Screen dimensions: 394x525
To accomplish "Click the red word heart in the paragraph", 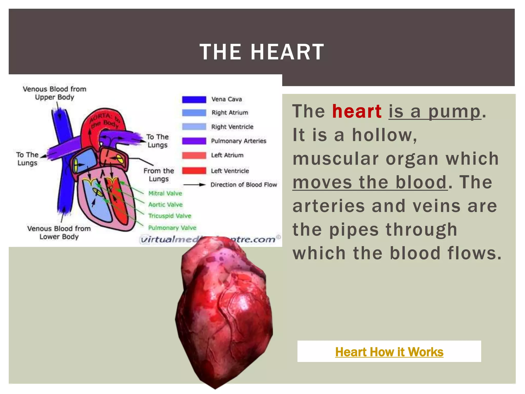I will click(357, 111).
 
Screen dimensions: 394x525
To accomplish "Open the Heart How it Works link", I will click(389, 352).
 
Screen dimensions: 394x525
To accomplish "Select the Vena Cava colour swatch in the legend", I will click(194, 100).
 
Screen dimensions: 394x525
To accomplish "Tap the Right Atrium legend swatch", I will click(194, 113).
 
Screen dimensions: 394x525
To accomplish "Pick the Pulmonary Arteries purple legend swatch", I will click(194, 141).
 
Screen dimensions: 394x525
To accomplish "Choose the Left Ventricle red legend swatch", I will click(194, 171).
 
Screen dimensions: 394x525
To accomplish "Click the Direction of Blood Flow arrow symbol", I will click(194, 185).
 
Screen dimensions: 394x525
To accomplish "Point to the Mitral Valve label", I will click(165, 193).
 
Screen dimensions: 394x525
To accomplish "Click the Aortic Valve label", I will click(165, 205).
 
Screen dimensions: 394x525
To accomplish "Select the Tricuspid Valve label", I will click(170, 216).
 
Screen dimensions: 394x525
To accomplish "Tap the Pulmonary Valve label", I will click(172, 228).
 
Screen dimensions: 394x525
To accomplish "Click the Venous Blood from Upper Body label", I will click(55, 93).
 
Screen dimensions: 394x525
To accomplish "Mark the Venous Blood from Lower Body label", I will click(59, 232).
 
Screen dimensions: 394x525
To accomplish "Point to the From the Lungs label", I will click(159, 175).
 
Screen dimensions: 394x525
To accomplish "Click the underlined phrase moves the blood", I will click(370, 182).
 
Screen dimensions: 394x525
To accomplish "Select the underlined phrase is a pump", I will click(435, 111).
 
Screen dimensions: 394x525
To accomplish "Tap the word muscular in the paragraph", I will click(336, 159).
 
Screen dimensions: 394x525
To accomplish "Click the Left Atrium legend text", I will click(227, 155).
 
